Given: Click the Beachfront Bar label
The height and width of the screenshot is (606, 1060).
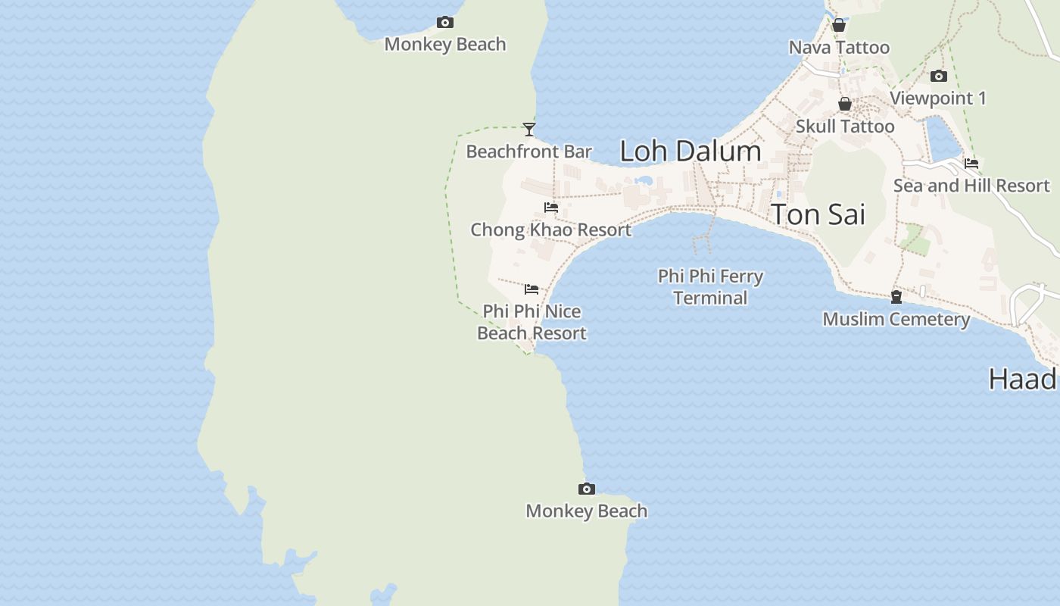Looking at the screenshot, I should click(528, 151).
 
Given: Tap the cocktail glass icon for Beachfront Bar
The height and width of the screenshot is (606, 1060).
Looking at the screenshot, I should click(529, 130).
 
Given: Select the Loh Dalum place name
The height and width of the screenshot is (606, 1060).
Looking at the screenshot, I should click(690, 151).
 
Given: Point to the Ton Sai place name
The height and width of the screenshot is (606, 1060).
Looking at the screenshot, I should click(818, 214).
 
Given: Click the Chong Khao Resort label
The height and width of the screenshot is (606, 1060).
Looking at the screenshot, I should click(550, 230).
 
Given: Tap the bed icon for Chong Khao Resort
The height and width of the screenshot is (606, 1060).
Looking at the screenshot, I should click(551, 208).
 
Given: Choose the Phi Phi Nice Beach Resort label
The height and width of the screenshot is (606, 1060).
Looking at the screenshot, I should click(532, 322).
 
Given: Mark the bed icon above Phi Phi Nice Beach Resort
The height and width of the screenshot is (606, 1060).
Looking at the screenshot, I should click(532, 289).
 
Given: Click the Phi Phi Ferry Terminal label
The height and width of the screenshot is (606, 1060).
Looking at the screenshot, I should click(710, 287).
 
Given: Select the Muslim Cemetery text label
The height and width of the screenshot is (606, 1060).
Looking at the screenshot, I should click(896, 319).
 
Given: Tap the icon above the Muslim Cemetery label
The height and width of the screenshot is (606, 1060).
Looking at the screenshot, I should click(896, 297).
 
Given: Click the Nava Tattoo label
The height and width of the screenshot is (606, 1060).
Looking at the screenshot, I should click(839, 48).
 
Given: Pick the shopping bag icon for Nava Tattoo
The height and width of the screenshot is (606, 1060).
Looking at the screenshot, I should click(839, 26).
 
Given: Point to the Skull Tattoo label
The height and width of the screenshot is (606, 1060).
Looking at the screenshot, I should click(845, 127).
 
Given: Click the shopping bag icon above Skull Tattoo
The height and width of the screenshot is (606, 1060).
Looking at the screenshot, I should click(845, 105).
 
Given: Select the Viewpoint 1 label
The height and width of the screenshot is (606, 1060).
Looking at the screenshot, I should click(938, 98).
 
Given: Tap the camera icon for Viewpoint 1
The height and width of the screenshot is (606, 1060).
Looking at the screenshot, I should click(939, 77).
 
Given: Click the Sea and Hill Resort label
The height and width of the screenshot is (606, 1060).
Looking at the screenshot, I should click(971, 186).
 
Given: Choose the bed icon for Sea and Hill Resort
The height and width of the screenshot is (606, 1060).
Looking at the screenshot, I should click(971, 164).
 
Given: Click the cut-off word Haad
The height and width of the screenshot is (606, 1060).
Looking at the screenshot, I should click(1023, 379).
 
